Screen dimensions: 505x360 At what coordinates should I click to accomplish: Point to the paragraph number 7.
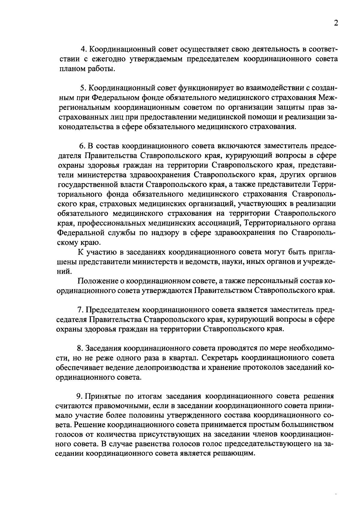79,310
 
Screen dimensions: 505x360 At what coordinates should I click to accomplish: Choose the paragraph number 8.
79,348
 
